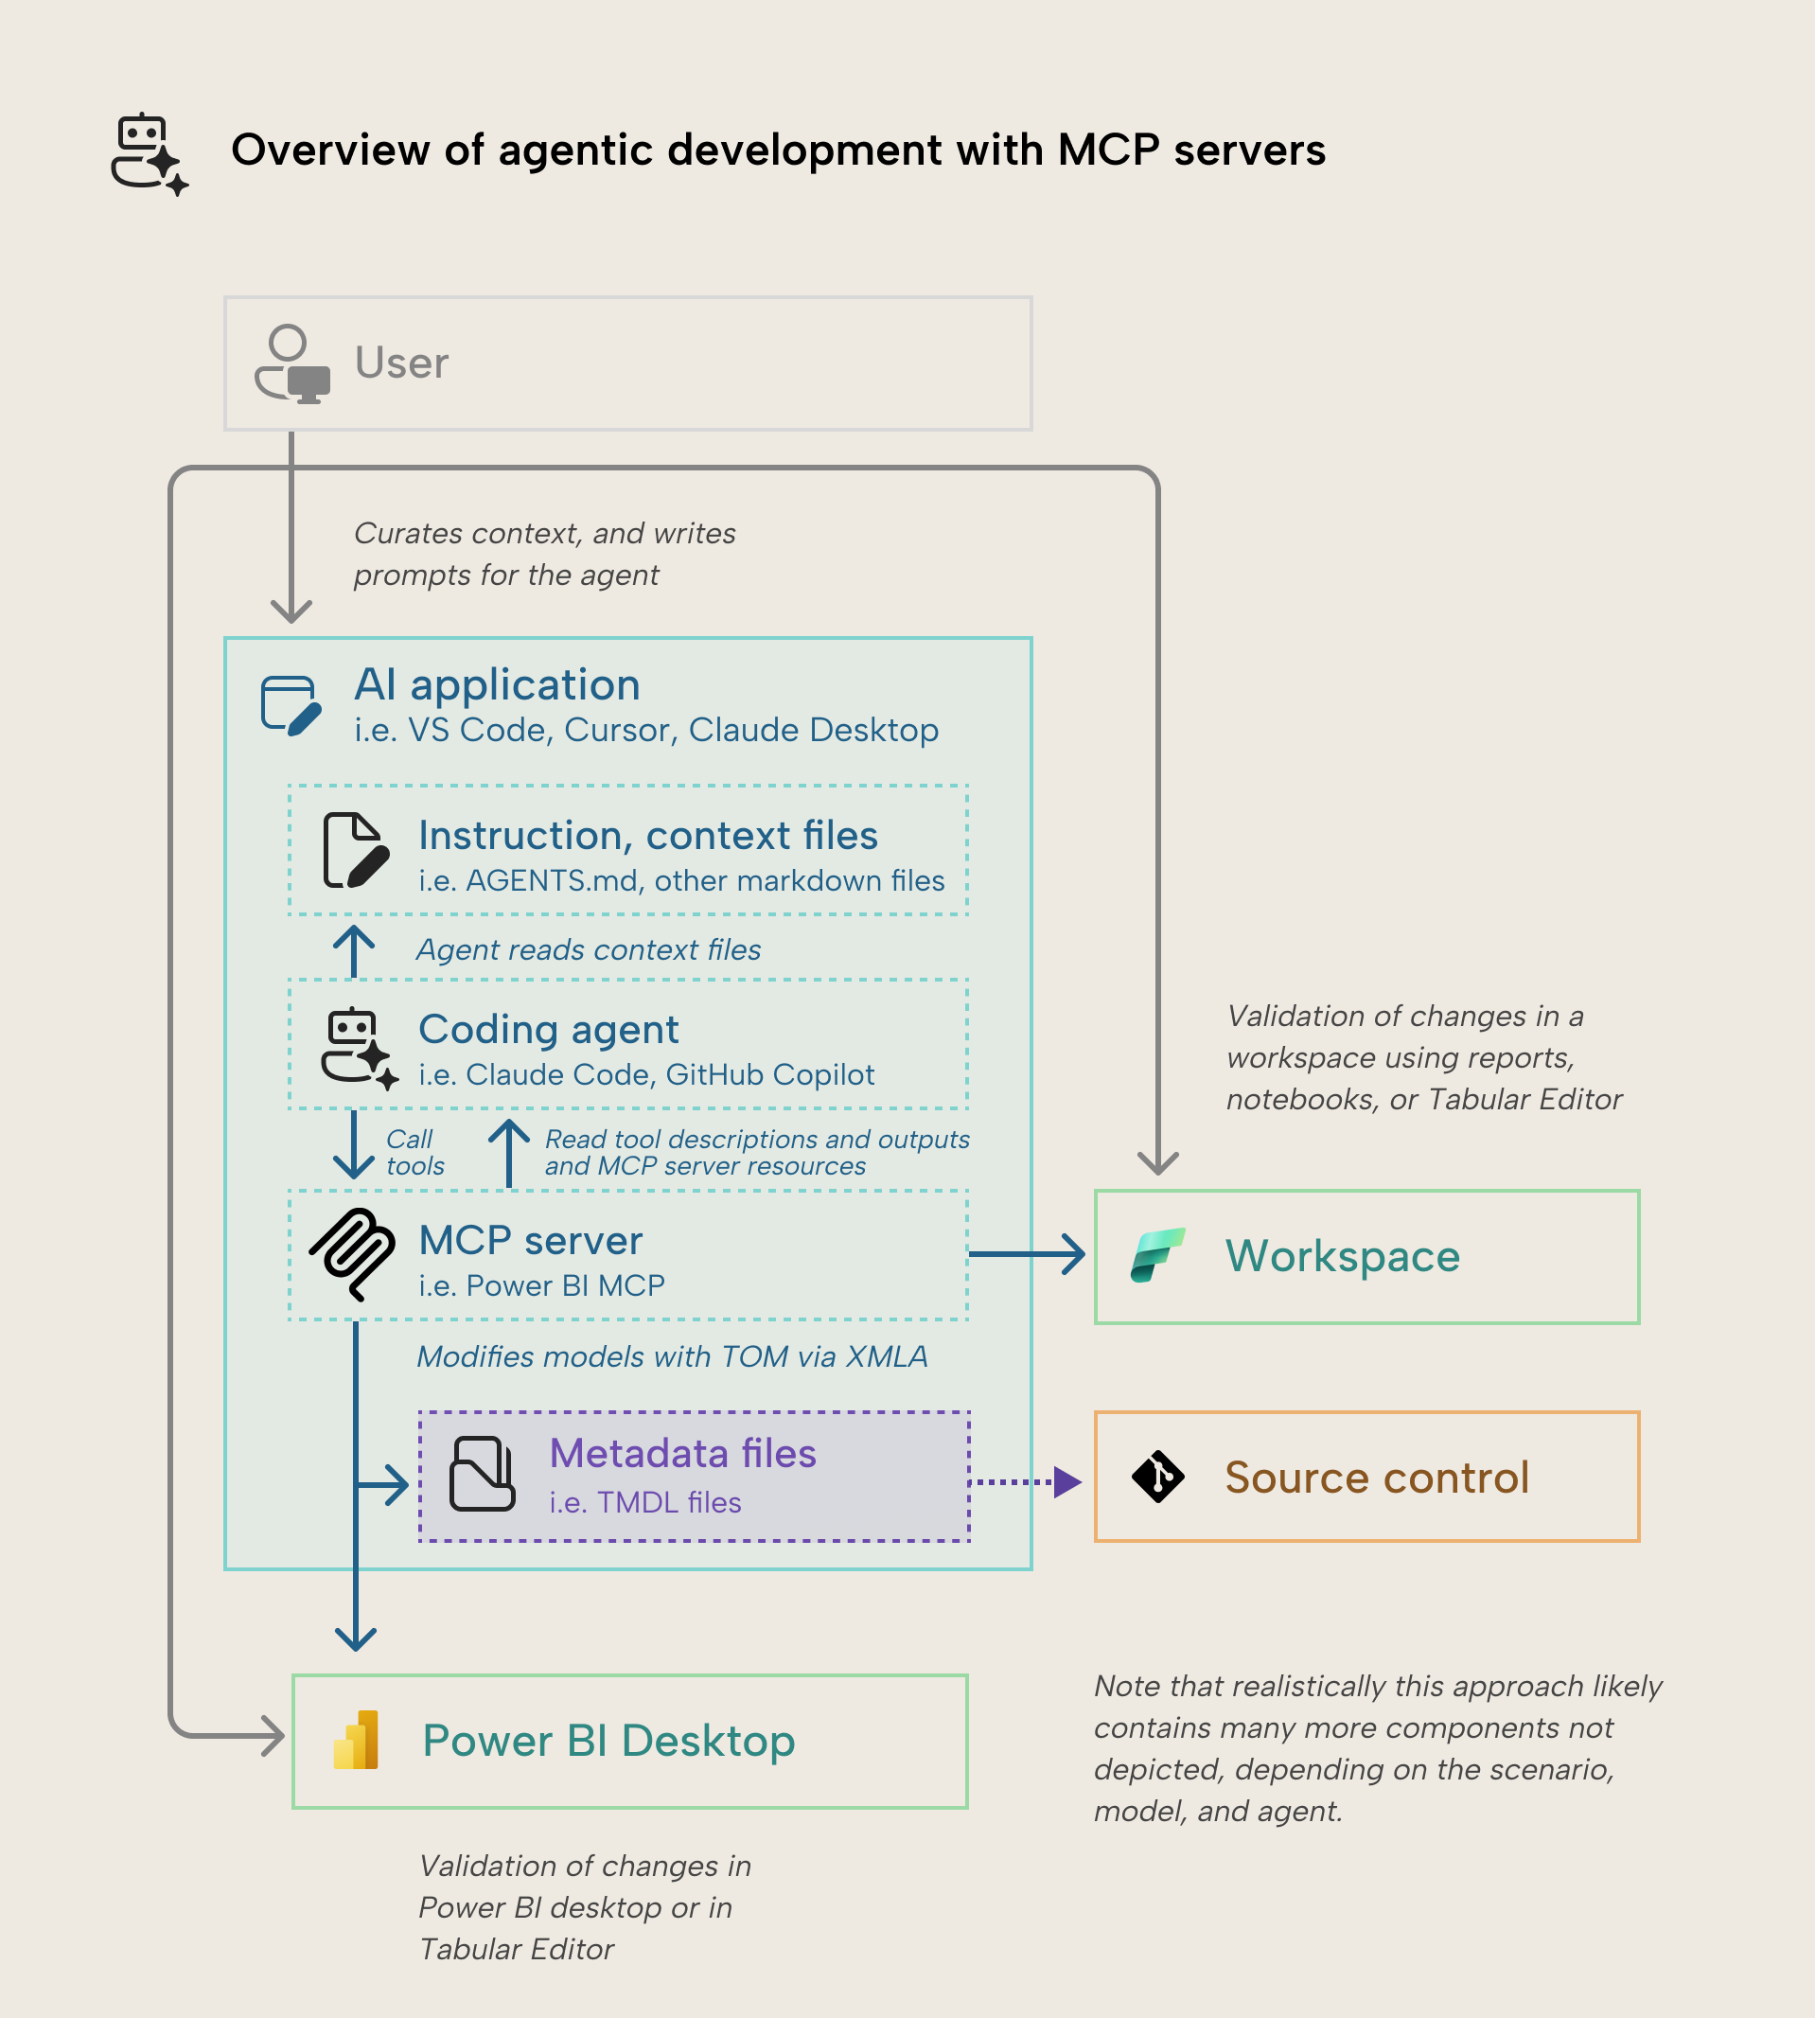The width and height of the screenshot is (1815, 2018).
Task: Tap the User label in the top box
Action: click(401, 363)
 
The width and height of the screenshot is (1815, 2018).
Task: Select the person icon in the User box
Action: click(291, 363)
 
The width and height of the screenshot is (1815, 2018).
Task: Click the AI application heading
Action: click(497, 685)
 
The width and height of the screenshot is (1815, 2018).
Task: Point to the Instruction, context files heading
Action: click(647, 836)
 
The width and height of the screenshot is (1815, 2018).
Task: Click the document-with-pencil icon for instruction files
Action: click(354, 850)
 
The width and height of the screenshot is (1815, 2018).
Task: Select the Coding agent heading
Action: click(549, 1030)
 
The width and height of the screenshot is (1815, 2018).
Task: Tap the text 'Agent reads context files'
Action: click(589, 949)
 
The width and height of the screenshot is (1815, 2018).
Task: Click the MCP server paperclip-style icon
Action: click(352, 1254)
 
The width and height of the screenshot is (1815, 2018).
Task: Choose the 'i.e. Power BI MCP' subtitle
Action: click(541, 1285)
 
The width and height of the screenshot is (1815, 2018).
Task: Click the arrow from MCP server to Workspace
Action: click(1027, 1254)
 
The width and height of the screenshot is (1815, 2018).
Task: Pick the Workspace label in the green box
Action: click(1342, 1256)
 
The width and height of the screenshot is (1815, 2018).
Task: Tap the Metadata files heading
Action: click(682, 1454)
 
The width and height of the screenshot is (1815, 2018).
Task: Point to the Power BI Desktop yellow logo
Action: click(356, 1741)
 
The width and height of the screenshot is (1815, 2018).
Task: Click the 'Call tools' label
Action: click(414, 1153)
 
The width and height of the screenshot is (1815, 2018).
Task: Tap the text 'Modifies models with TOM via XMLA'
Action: click(671, 1356)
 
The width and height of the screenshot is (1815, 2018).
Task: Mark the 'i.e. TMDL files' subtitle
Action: click(644, 1502)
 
